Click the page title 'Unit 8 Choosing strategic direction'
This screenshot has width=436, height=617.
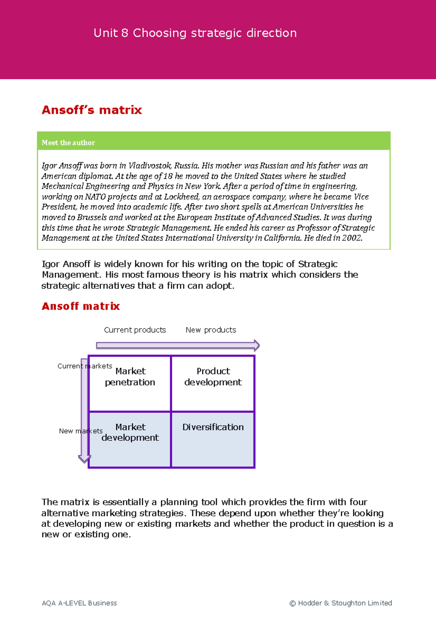click(x=195, y=33)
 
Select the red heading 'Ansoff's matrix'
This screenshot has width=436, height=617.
click(x=92, y=110)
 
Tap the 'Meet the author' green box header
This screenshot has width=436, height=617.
click(x=68, y=143)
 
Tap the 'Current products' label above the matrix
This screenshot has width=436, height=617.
click(x=135, y=330)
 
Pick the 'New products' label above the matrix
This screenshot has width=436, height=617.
click(x=211, y=330)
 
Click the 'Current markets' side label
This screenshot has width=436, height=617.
click(x=85, y=366)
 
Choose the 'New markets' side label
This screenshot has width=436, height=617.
click(x=81, y=431)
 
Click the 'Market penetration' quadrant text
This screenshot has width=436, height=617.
click(x=130, y=376)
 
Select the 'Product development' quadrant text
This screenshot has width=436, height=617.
click(x=213, y=376)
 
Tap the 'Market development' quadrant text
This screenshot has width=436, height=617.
click(x=130, y=432)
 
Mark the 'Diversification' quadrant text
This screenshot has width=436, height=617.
click(x=213, y=427)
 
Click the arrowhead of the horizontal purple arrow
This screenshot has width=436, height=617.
click(x=257, y=345)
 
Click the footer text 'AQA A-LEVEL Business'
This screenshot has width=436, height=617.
click(x=79, y=603)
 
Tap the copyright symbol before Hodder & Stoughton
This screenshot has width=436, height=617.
click(x=292, y=603)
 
